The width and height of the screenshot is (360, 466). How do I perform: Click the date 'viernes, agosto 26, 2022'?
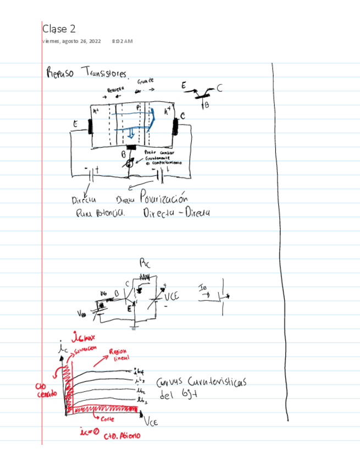click(71, 41)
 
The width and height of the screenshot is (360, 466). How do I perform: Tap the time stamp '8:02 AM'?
click(121, 41)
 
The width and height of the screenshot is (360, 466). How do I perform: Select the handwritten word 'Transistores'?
click(106, 74)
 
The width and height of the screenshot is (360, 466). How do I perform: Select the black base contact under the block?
click(132, 148)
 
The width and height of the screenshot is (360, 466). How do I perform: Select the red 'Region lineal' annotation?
click(119, 354)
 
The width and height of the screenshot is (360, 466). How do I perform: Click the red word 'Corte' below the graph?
click(115, 419)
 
